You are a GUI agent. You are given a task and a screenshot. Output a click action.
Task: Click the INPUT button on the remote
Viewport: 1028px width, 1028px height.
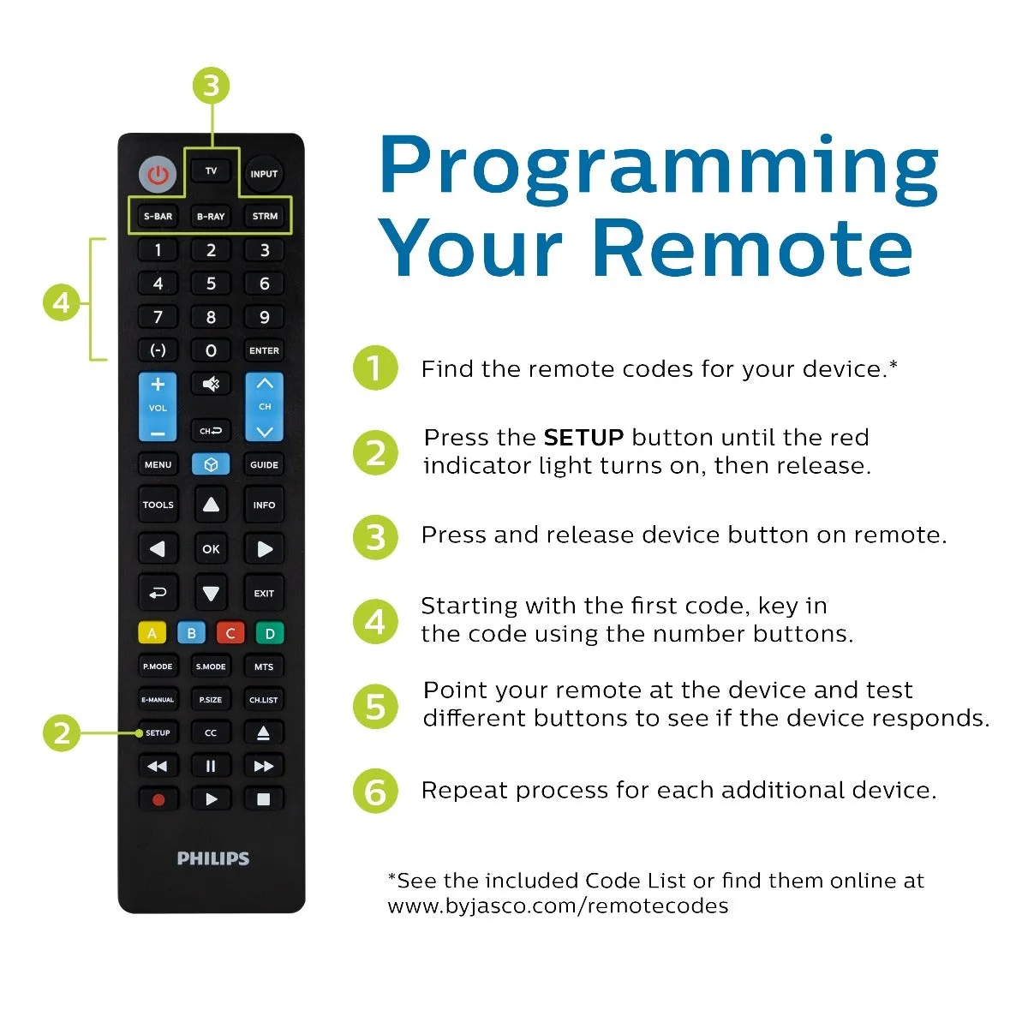[x=264, y=174]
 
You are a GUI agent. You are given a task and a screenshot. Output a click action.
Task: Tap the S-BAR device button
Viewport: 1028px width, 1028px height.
[x=158, y=216]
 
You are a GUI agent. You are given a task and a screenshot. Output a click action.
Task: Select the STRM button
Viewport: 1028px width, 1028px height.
[x=265, y=216]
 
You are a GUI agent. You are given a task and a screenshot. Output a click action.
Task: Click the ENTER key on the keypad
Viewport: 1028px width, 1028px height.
[x=264, y=350]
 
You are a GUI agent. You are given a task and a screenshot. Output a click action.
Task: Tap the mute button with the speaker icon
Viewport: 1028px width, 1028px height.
[x=211, y=384]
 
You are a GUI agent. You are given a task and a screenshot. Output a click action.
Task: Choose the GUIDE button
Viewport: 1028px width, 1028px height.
[x=264, y=464]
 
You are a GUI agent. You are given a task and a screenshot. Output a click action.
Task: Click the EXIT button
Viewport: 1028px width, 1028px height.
[x=264, y=593]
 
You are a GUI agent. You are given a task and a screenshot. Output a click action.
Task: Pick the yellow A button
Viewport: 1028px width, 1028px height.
[x=152, y=633]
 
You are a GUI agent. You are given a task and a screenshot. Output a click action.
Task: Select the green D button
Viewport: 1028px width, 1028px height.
[x=270, y=633]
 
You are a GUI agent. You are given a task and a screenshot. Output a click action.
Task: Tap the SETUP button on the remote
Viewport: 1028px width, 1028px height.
[x=158, y=732]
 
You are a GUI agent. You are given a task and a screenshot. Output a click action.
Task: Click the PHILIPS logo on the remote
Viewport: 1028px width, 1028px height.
[x=213, y=858]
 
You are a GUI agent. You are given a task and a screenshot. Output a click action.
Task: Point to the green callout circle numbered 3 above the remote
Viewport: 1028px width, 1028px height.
[x=212, y=86]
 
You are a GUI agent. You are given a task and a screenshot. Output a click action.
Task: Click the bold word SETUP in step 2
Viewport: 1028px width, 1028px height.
[x=583, y=438]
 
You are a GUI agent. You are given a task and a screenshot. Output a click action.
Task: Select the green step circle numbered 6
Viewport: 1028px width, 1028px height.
[x=375, y=792]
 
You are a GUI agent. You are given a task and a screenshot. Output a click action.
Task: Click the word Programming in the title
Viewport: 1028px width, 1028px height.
[x=660, y=167]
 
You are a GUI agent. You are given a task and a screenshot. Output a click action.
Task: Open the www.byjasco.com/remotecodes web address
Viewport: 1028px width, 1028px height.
[x=558, y=905]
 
